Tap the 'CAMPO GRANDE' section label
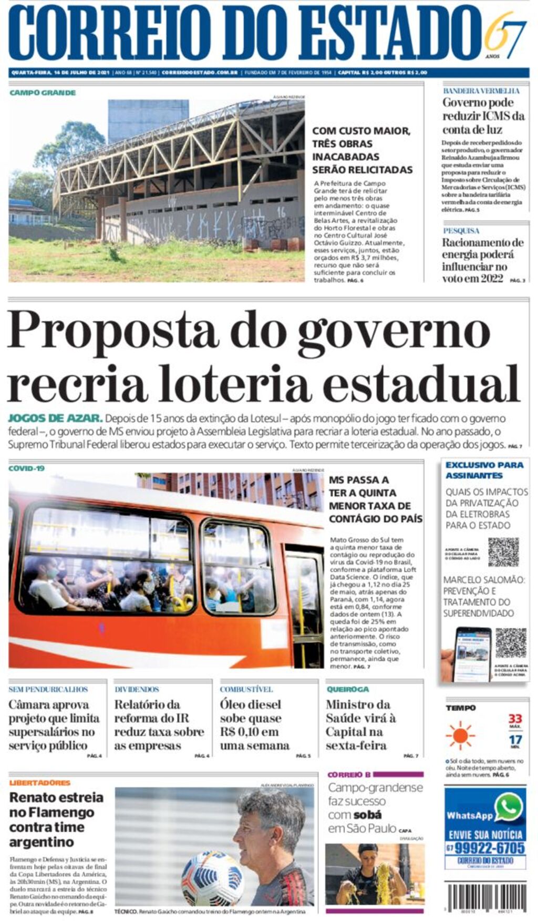pyautogui.click(x=43, y=93)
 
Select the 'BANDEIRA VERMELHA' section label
pyautogui.click(x=481, y=91)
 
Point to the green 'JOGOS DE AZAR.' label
pyautogui.click(x=55, y=418)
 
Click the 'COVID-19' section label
pyautogui.click(x=27, y=468)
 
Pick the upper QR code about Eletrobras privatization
pyautogui.click(x=503, y=552)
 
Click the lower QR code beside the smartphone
pyautogui.click(x=510, y=643)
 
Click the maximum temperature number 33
pyautogui.click(x=515, y=719)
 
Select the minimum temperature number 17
pyautogui.click(x=515, y=740)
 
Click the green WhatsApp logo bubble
pyautogui.click(x=509, y=806)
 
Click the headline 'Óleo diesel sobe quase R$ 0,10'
pyautogui.click(x=254, y=725)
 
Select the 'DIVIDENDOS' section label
pyautogui.click(x=137, y=689)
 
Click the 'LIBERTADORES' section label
pyautogui.click(x=40, y=783)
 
